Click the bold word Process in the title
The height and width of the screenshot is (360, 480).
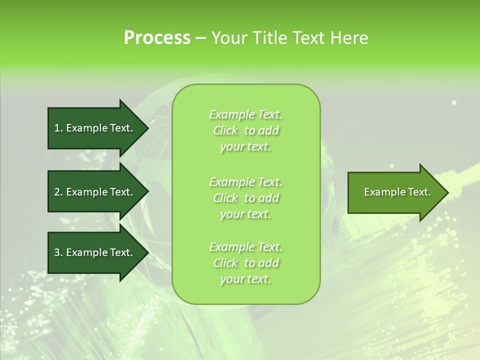(157, 38)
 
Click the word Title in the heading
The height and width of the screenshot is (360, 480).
(269, 38)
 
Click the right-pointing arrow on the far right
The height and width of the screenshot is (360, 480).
(395, 192)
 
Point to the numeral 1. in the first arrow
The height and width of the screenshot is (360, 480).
(58, 128)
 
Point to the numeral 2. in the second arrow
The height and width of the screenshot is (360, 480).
(58, 192)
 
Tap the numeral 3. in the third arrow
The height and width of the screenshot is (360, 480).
(58, 252)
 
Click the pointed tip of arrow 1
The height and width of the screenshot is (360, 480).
(146, 128)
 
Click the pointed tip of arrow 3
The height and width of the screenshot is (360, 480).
(146, 252)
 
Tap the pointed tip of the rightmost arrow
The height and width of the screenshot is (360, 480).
(446, 192)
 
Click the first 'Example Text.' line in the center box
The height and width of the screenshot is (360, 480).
(246, 114)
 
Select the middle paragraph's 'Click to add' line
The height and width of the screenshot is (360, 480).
(246, 198)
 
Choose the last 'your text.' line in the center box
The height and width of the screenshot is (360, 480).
(246, 279)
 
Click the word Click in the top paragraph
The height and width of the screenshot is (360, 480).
(225, 130)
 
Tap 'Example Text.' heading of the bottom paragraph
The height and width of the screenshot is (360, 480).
(246, 247)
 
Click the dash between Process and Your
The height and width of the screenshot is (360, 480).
(200, 38)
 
